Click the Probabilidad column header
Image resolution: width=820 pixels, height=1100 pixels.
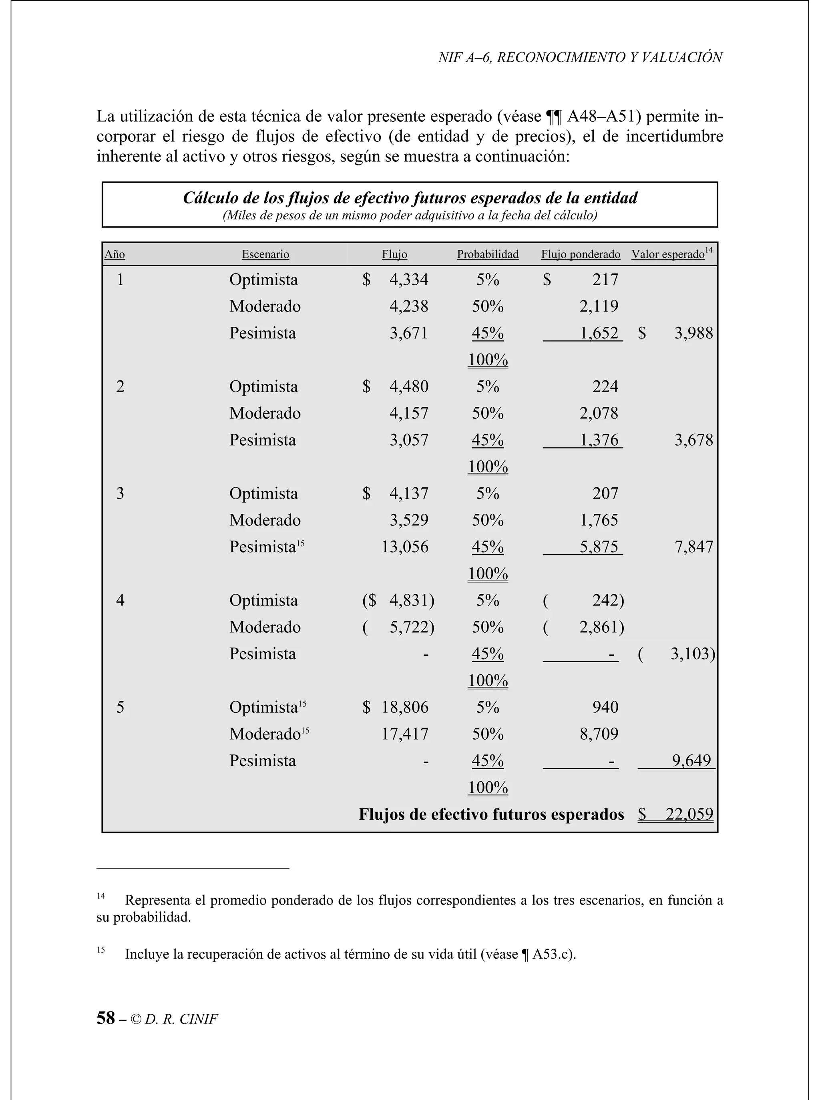point(487,255)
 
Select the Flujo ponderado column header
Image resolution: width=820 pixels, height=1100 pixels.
point(580,255)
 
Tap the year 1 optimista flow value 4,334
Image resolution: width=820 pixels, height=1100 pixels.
point(408,280)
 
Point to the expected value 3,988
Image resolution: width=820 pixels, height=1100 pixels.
point(693,333)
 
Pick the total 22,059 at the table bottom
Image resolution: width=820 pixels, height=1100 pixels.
point(689,814)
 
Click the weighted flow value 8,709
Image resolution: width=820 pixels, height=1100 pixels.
point(599,734)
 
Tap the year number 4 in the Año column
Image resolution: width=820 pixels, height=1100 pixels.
point(120,601)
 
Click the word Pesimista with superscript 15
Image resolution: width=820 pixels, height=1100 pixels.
point(263,547)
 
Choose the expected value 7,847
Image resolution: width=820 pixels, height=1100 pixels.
point(693,547)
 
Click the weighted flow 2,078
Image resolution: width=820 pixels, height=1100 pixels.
point(599,414)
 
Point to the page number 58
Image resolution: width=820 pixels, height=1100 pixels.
point(105,1018)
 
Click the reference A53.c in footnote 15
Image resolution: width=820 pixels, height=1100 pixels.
point(551,954)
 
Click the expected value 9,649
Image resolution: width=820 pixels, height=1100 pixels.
point(691,760)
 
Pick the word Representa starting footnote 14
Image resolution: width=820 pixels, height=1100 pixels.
point(158,900)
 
